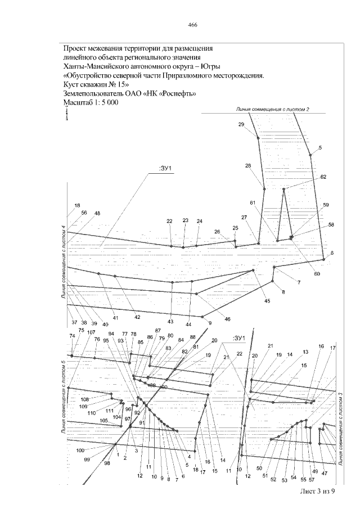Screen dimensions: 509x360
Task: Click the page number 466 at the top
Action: [192, 25]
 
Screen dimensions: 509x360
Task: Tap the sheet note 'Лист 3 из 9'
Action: [318, 492]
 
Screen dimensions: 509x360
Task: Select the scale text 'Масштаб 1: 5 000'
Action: [90, 103]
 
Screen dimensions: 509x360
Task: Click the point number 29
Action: [241, 124]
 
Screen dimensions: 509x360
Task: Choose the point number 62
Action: [323, 177]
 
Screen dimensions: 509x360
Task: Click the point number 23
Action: [186, 221]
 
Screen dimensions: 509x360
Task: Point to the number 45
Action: [267, 301]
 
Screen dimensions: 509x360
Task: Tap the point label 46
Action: [228, 319]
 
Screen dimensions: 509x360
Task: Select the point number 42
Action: [137, 318]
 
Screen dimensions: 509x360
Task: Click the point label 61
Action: [253, 202]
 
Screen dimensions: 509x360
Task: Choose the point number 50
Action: [259, 468]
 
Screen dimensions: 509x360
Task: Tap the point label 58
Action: [331, 225]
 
